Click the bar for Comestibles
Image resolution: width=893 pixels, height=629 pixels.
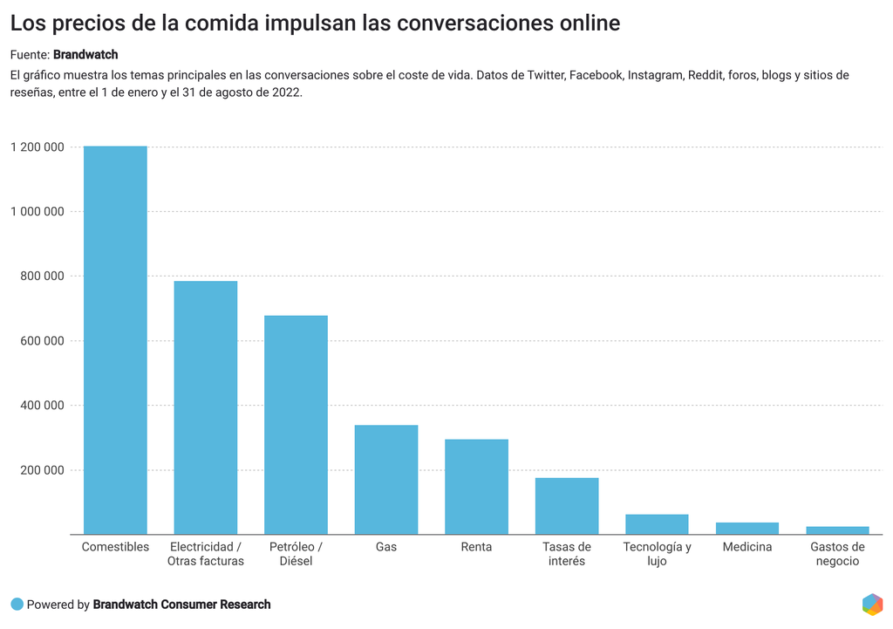(x=115, y=340)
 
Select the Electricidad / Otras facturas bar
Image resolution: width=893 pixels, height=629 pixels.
(x=206, y=407)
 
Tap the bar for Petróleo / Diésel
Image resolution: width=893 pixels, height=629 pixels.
(x=296, y=425)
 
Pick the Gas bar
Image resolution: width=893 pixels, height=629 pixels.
(x=386, y=480)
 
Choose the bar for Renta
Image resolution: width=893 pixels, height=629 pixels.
(x=476, y=487)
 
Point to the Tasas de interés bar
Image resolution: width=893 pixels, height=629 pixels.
(x=567, y=506)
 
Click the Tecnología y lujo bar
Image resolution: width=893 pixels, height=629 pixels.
(x=657, y=524)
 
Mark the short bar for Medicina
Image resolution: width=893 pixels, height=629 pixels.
(x=747, y=529)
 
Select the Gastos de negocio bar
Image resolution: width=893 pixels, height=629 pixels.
(x=837, y=530)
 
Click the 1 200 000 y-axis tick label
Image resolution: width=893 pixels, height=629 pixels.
(x=37, y=147)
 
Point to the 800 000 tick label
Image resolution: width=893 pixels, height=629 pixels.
(x=42, y=276)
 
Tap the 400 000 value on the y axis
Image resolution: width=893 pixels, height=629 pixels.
(x=42, y=405)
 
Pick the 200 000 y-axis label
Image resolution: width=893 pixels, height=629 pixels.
(x=42, y=469)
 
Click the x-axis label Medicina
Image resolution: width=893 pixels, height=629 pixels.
(x=747, y=547)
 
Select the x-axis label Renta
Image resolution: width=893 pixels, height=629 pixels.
(x=476, y=547)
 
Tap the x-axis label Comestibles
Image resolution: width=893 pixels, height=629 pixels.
(x=115, y=547)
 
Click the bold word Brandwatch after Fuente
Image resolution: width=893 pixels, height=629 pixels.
(x=85, y=55)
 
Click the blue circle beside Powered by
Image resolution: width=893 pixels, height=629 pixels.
(x=17, y=604)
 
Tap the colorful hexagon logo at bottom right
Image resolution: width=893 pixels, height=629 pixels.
(x=871, y=604)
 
